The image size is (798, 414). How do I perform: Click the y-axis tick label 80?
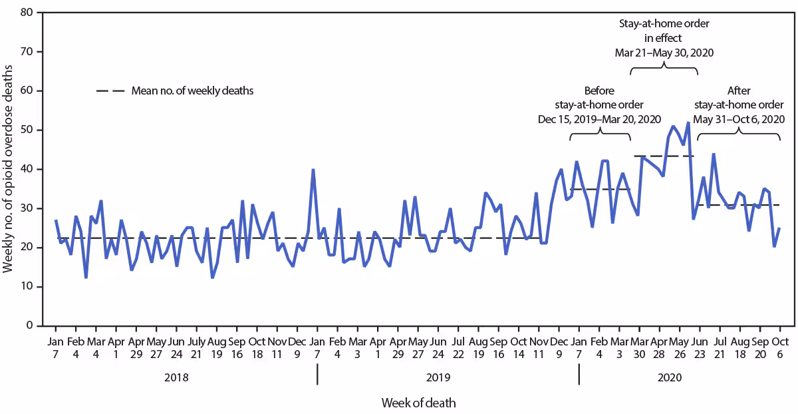[27, 13]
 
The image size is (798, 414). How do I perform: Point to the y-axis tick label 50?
[27, 130]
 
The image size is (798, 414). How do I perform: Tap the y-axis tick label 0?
[30, 326]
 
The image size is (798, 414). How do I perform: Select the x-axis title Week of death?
[418, 403]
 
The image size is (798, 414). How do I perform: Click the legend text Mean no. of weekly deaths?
[192, 91]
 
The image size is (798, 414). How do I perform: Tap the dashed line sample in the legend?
[110, 91]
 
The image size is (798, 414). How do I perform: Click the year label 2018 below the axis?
[176, 377]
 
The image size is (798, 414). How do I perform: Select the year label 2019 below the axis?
[438, 377]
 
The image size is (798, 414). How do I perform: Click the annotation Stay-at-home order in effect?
[664, 38]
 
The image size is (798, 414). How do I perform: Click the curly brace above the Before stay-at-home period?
[600, 133]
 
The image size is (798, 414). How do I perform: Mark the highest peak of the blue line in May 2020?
[688, 122]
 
